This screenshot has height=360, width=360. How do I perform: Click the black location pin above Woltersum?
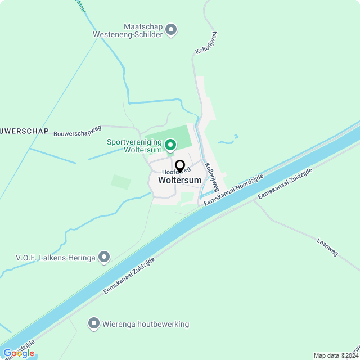pos(180,166)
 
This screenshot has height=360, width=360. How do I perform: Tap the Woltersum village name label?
pos(179,180)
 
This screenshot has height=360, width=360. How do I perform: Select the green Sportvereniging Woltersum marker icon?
pos(170,146)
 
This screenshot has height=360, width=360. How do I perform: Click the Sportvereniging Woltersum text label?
pos(134,146)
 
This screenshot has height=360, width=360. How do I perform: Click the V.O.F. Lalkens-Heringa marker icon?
pos(104,258)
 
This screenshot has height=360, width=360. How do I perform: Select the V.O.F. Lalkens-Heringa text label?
pos(55,258)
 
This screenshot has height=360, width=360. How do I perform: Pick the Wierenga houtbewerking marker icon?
pos(94,323)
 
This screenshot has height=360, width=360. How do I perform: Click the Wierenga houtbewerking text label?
pos(146,324)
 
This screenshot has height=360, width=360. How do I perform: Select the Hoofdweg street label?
pos(172,170)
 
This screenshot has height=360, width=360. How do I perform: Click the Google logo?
pos(18,353)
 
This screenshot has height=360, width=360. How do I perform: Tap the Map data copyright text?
pos(336,355)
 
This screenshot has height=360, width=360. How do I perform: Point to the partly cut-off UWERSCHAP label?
pos(25,131)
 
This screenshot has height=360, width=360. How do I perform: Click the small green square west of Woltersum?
pos(121,182)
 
